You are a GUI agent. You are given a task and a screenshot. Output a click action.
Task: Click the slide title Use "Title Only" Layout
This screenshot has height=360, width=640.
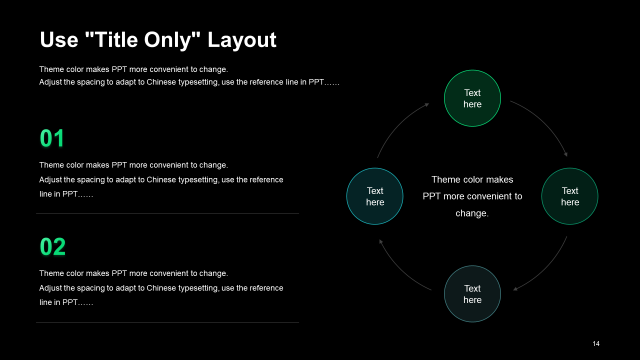tap(157, 40)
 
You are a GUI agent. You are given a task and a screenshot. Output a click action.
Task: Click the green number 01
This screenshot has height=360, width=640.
tap(52, 138)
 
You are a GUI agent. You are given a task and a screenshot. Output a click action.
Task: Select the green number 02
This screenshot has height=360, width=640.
tap(52, 247)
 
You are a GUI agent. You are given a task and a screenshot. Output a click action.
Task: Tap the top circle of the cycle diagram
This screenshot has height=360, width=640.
tap(472, 98)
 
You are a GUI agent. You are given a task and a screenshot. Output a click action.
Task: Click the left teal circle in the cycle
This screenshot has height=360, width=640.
tap(375, 196)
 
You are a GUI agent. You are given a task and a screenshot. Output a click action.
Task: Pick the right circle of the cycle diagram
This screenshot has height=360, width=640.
tap(570, 196)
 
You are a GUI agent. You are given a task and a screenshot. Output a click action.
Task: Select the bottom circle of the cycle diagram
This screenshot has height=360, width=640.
tap(472, 294)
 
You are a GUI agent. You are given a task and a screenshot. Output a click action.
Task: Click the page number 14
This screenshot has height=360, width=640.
tap(596, 343)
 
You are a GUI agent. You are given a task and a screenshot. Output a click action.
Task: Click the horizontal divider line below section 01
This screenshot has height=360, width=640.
tap(167, 213)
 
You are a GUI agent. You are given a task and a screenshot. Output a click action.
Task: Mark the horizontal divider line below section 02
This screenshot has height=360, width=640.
tap(167, 322)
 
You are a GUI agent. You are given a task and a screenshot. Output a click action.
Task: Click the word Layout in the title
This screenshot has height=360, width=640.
tap(242, 40)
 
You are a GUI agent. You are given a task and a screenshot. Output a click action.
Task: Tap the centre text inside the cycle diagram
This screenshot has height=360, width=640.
tap(472, 196)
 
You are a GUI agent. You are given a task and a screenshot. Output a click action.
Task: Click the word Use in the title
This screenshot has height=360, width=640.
tap(59, 40)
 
